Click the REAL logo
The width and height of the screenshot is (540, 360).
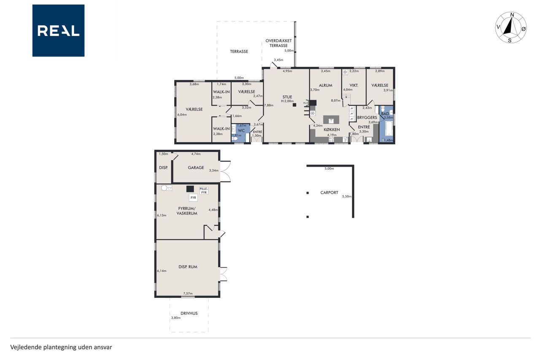point(58,31)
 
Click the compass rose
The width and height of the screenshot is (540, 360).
point(511,27)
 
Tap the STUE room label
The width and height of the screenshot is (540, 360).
point(287,97)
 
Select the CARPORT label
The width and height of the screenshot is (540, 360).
point(329,192)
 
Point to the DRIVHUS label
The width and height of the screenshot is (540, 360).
point(189,313)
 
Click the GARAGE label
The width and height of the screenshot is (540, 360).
point(196,168)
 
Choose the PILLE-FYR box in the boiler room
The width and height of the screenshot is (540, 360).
point(204,190)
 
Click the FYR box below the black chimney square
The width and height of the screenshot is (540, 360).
point(193,198)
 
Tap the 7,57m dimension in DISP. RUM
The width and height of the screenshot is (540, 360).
point(188,293)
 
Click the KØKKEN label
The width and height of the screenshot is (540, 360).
point(332,130)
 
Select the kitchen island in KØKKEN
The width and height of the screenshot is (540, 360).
point(331,119)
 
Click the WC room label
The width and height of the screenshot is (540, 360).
point(241,130)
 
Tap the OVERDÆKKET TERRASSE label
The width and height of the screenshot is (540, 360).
point(278,43)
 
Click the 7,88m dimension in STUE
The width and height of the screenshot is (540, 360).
point(269,105)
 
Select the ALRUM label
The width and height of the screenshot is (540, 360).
point(325,85)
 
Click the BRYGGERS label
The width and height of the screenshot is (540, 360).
point(367,117)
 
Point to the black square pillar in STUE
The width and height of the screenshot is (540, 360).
point(294,105)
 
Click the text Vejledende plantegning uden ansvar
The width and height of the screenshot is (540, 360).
point(61,347)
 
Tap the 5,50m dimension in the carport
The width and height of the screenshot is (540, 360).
point(347,196)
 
